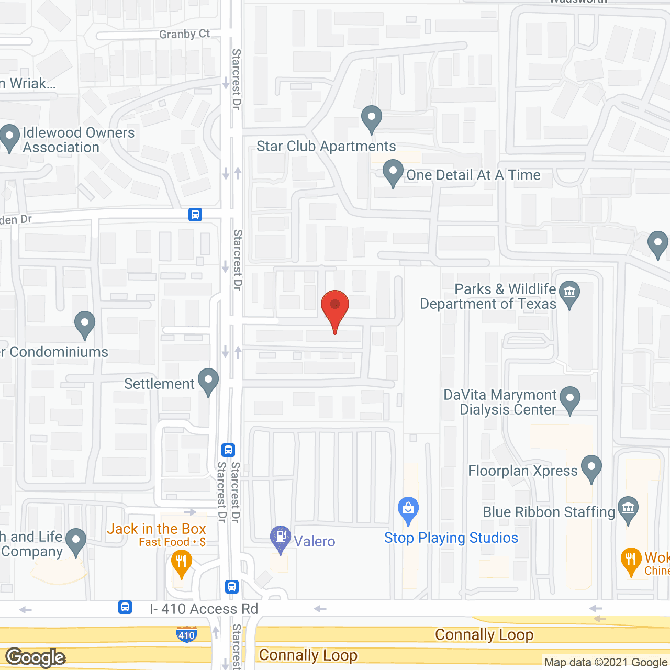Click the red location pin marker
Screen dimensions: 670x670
[x=335, y=307]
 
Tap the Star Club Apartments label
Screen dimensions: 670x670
[x=326, y=147]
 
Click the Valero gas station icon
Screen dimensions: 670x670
[x=281, y=538]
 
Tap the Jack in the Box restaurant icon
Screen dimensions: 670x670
[x=182, y=563]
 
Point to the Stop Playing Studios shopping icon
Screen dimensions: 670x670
[x=408, y=509]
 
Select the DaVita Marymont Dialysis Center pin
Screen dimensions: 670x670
[x=570, y=399]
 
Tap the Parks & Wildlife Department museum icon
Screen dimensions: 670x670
[x=569, y=293]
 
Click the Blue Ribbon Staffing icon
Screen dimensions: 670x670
[x=628, y=509]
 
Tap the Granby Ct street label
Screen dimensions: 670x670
[x=184, y=35]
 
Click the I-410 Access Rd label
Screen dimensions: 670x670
[x=204, y=609]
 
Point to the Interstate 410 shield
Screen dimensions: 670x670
[x=186, y=634]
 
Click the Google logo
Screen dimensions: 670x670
[x=36, y=657]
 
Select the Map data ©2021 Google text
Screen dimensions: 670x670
[x=606, y=663]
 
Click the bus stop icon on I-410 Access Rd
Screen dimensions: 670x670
[x=125, y=607]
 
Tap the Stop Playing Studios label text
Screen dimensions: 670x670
[x=451, y=538]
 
